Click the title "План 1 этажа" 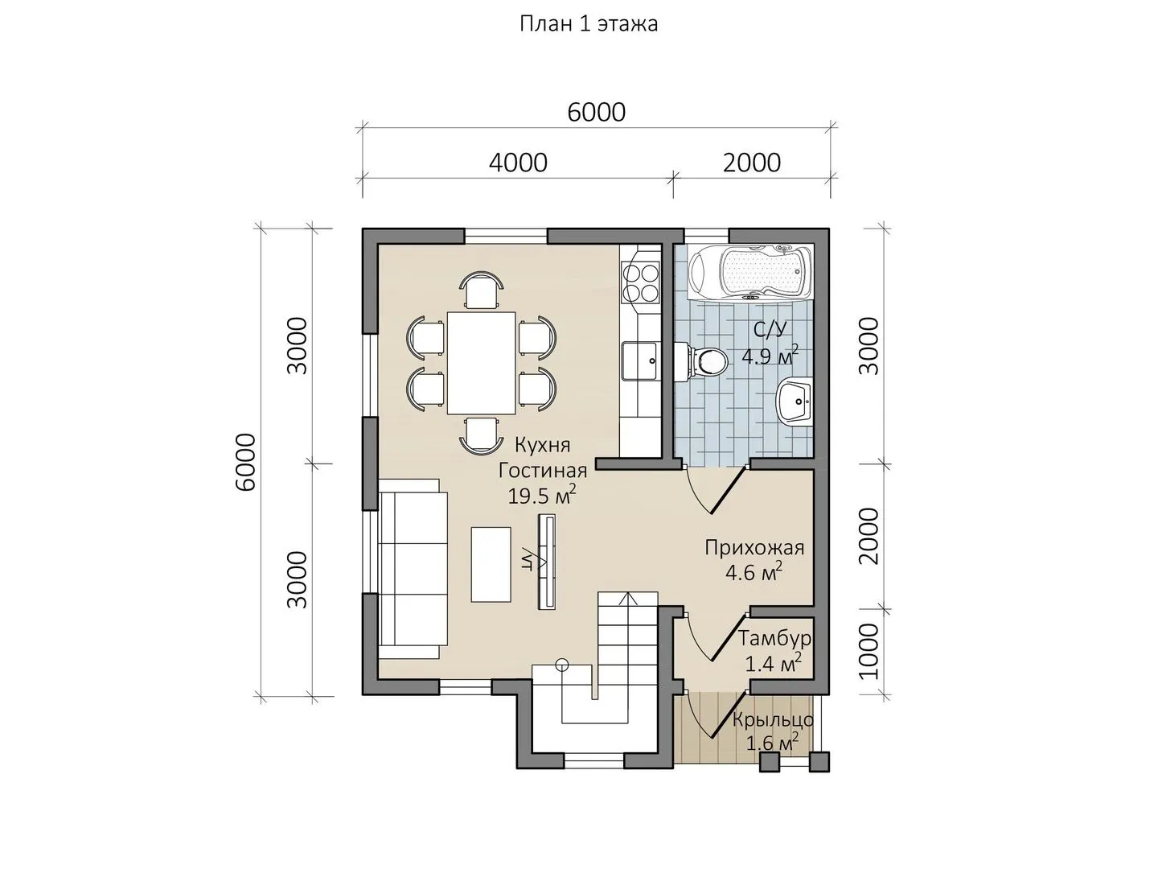588,25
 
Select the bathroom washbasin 794,401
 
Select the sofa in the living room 413,568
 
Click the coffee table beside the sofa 491,564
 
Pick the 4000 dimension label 518,163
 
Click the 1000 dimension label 868,652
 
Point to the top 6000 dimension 596,113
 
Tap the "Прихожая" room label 754,548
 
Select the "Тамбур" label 774,638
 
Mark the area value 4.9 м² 770,356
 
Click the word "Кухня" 543,445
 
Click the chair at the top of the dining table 481,289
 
